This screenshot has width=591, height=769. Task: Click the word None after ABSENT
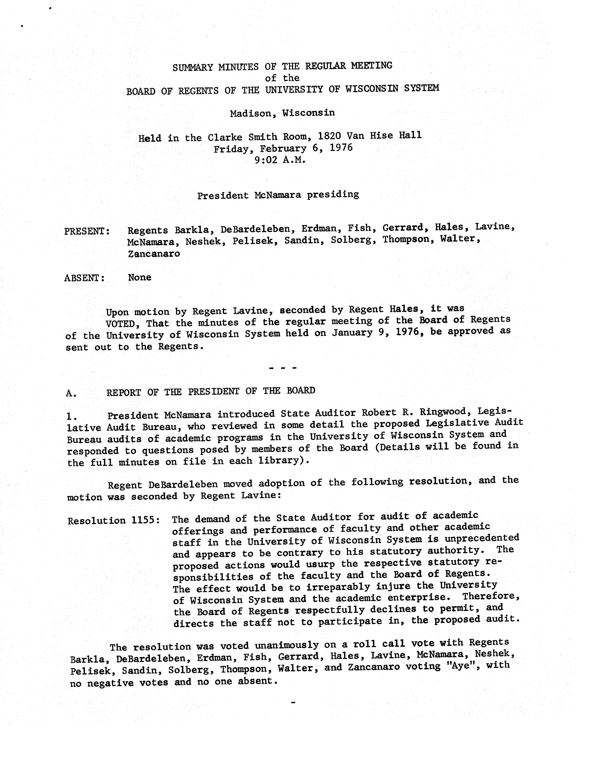click(x=140, y=277)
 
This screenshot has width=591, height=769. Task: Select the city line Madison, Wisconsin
click(x=282, y=113)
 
